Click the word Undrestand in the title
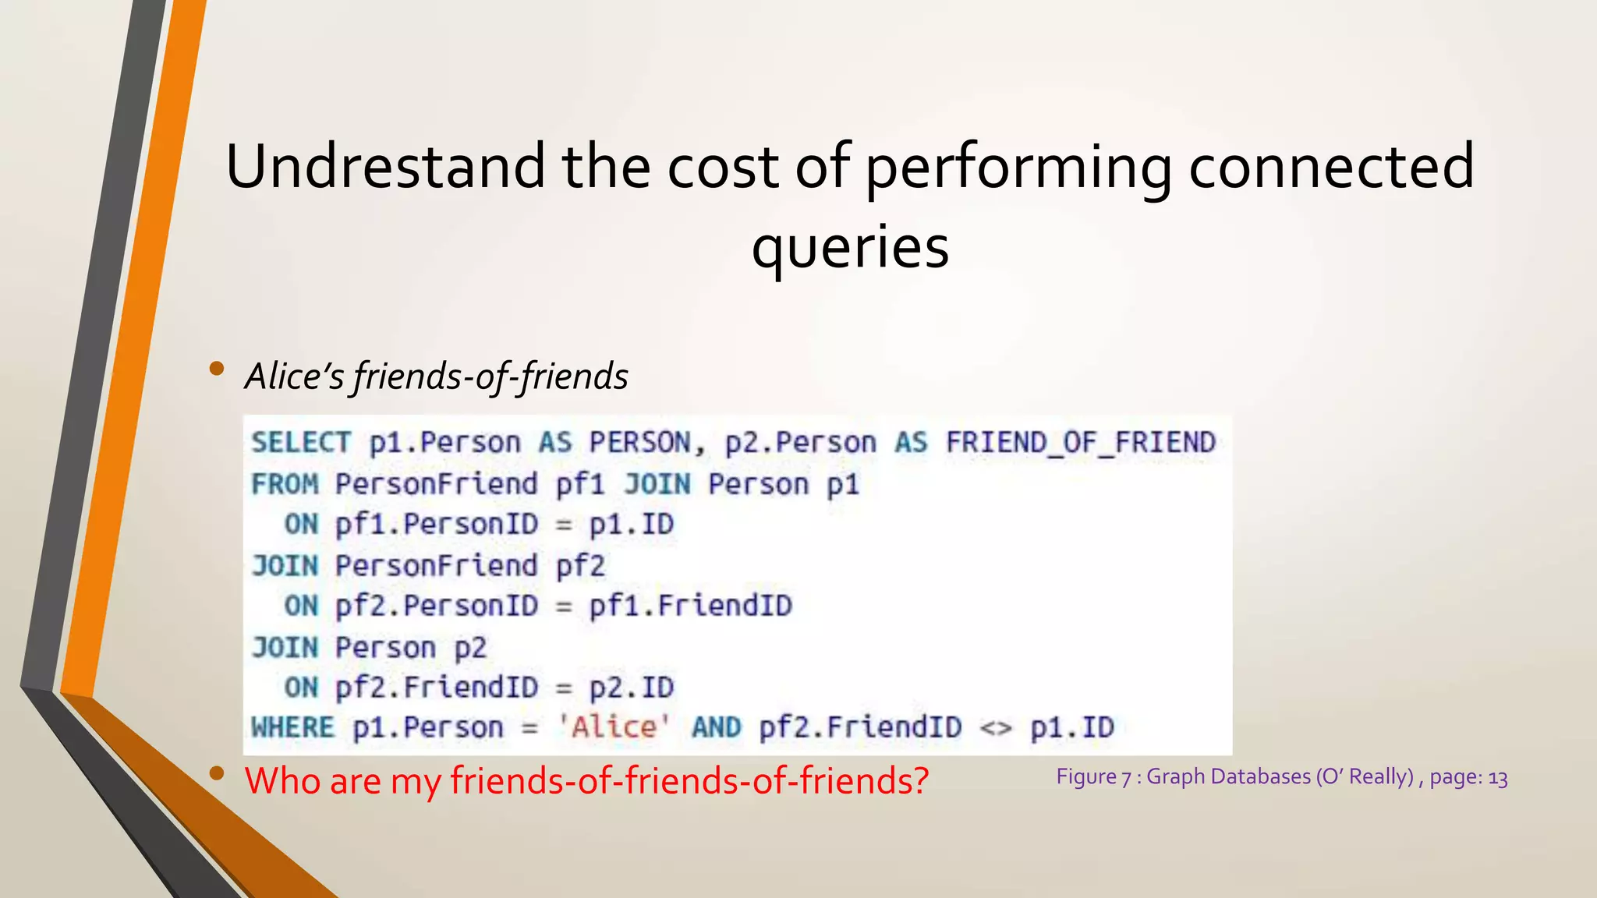[x=385, y=166]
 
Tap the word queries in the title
[x=850, y=247]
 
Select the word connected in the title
[x=1331, y=166]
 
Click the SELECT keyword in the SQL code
[x=301, y=443]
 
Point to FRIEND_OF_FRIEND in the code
[x=1081, y=443]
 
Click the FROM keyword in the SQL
[x=285, y=484]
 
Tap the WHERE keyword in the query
[x=292, y=728]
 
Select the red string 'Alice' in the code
[x=614, y=727]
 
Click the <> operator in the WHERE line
[x=996, y=728]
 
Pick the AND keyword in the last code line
[x=716, y=728]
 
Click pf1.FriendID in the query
[x=691, y=606]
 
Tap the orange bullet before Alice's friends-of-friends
[x=217, y=369]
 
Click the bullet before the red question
[x=217, y=773]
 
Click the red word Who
[x=282, y=780]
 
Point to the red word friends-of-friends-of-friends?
[x=689, y=780]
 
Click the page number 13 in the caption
[x=1497, y=778]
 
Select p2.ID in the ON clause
[x=631, y=688]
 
